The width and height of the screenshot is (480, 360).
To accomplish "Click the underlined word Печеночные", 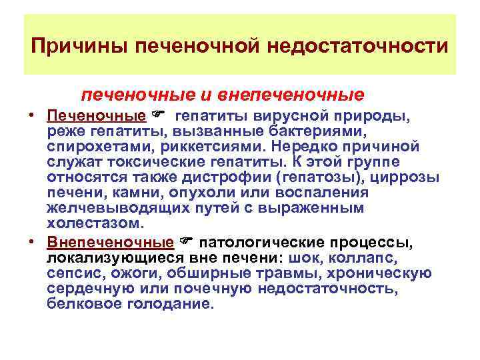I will tap(96, 117).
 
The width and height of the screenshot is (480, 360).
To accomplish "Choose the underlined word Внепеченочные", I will tap(110, 241).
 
